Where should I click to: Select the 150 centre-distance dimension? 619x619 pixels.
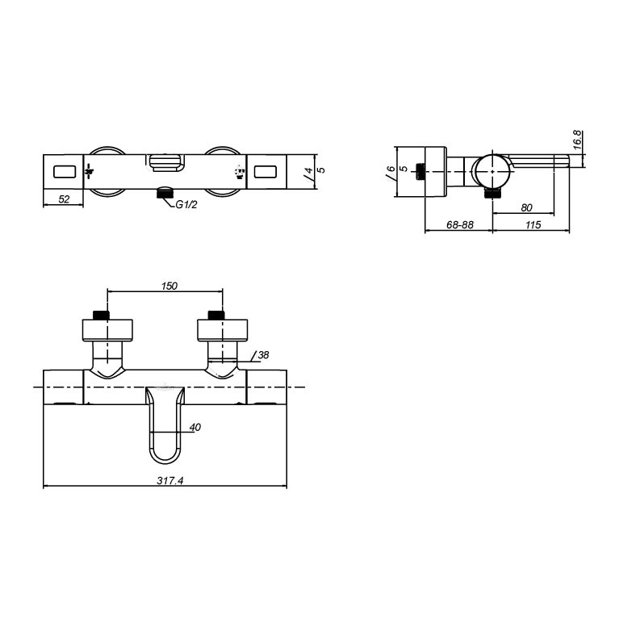tap(169, 286)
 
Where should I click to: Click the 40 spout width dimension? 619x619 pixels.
tap(194, 426)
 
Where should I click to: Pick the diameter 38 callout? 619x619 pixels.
tap(264, 354)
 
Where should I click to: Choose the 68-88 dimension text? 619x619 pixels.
tap(460, 225)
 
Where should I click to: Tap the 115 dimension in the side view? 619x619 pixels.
tap(532, 225)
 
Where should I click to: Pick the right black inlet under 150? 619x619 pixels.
tap(215, 315)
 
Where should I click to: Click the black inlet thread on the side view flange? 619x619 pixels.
tap(420, 171)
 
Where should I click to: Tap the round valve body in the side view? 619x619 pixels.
tap(491, 170)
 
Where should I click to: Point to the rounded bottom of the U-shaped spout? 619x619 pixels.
tap(166, 457)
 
